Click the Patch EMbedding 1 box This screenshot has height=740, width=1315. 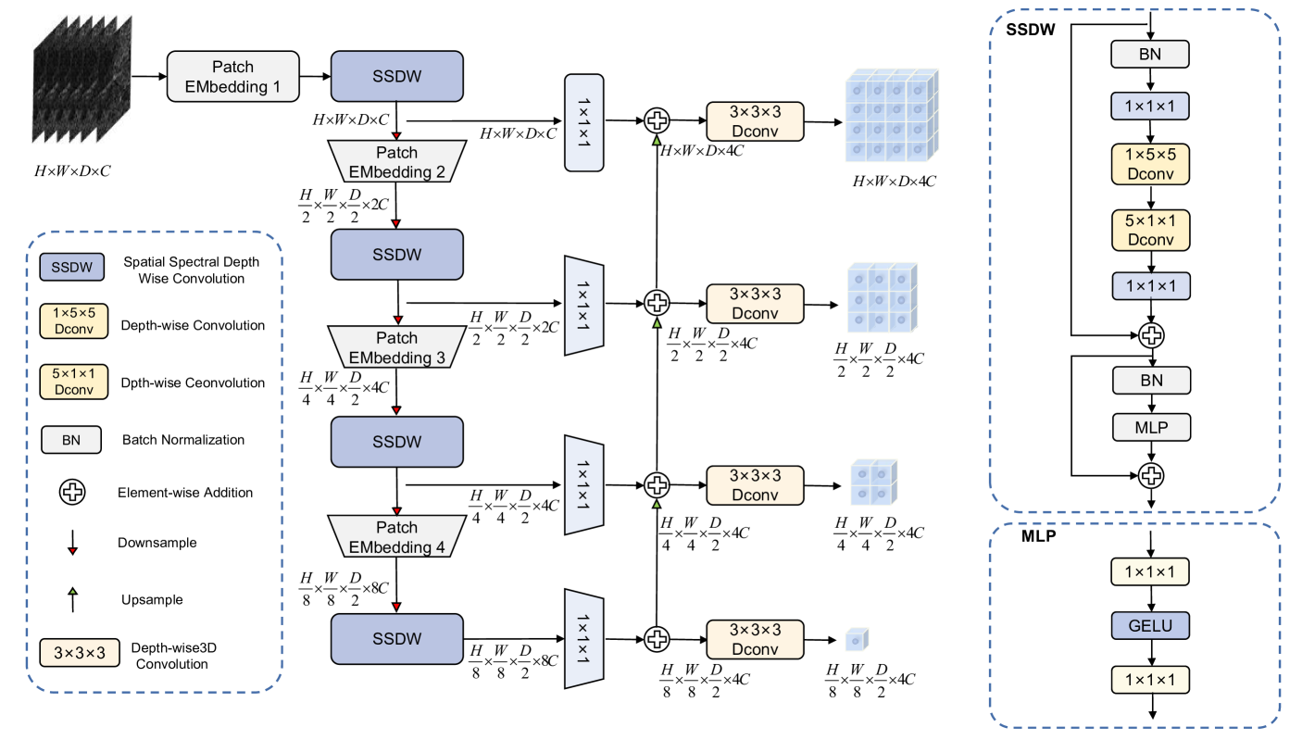coord(232,77)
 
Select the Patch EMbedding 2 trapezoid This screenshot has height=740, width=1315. coord(396,161)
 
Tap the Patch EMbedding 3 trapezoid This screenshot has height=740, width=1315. coord(396,347)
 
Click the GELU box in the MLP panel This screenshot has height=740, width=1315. coord(1149,626)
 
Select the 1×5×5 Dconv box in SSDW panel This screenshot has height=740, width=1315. coord(1149,163)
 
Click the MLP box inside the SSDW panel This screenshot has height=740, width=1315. coord(1149,427)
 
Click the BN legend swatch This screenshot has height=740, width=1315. coord(71,439)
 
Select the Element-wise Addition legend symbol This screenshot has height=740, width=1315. coord(71,493)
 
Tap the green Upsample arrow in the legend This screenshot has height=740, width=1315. coord(71,597)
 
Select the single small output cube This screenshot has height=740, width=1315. coord(857,637)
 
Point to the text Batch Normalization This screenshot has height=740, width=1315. coord(183,440)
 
